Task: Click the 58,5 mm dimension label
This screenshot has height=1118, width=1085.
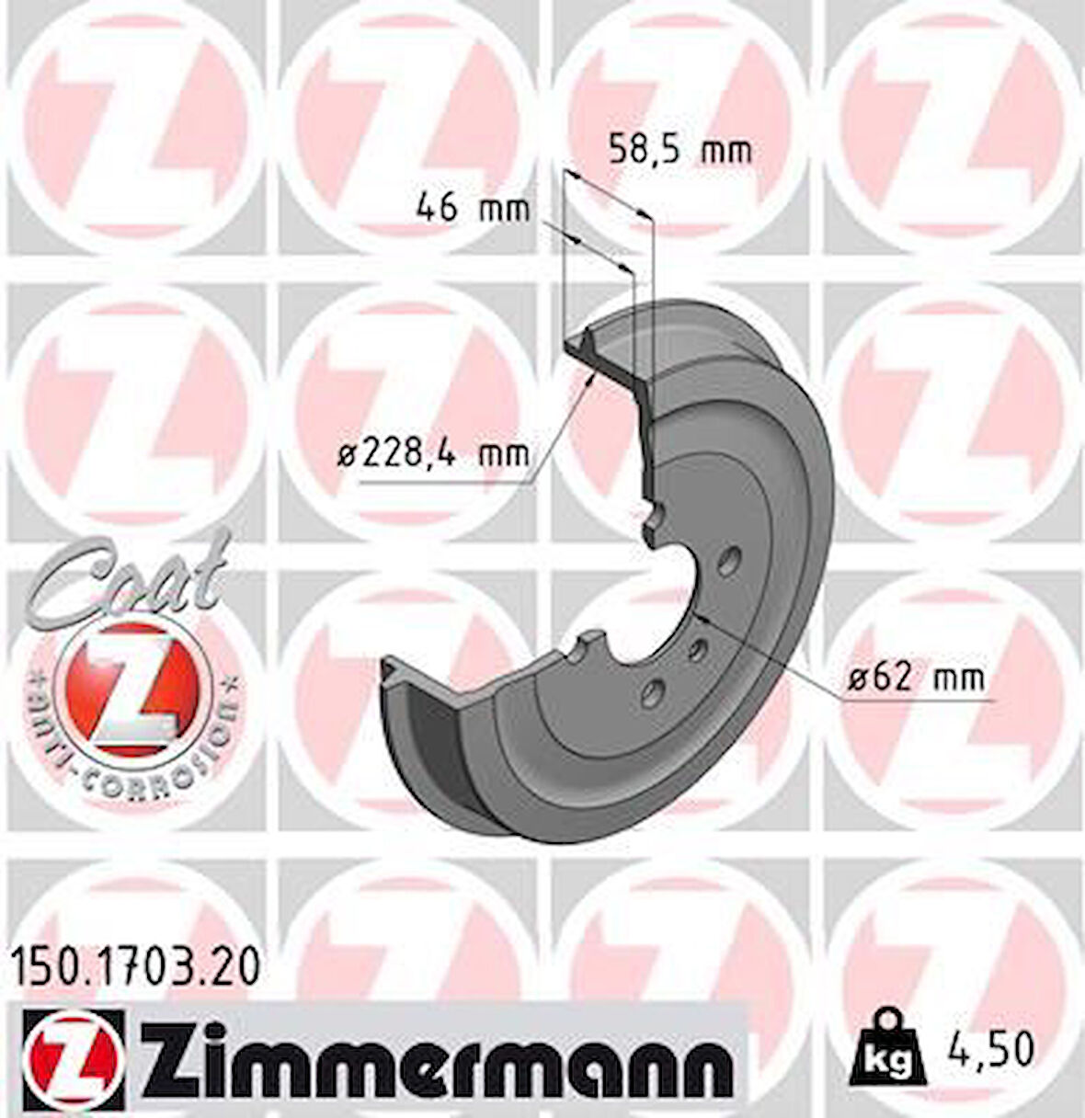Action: click(x=680, y=150)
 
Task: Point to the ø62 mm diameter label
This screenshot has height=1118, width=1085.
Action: click(x=915, y=679)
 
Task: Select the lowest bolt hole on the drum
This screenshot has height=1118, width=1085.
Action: click(x=654, y=690)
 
